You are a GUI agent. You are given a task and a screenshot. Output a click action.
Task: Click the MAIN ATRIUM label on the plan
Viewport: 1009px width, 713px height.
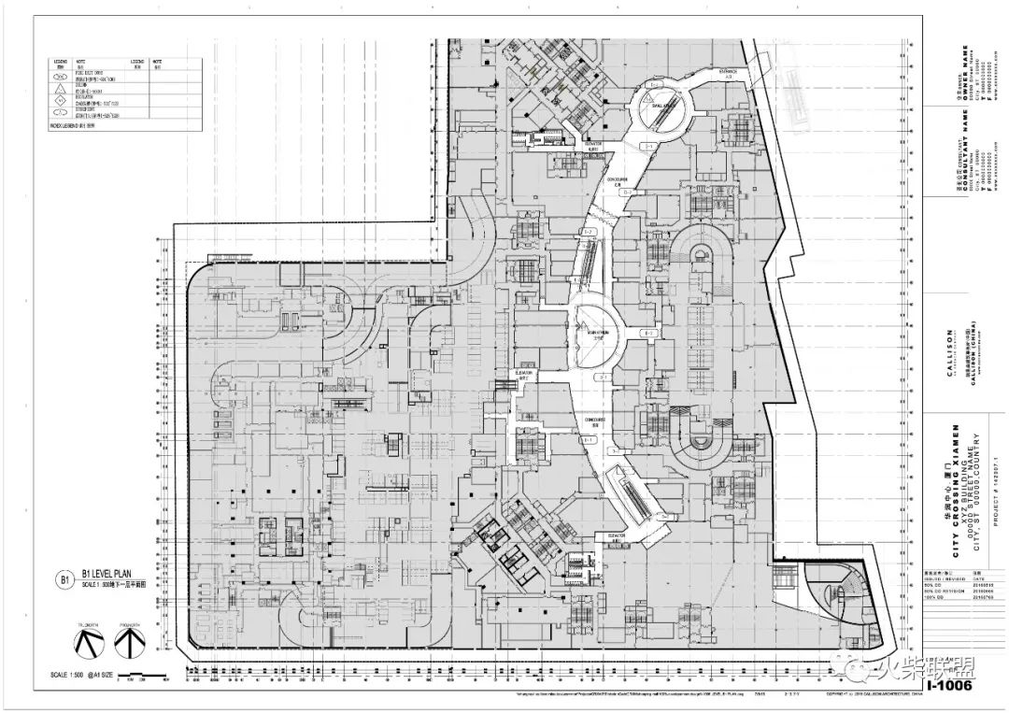(598, 332)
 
